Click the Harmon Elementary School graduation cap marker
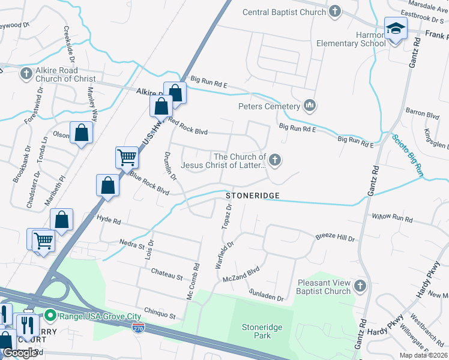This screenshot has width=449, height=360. click(396, 29)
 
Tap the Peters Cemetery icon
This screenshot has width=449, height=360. click(310, 106)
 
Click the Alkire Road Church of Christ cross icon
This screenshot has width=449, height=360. click(26, 73)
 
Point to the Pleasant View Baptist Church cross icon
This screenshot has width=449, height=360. click(360, 285)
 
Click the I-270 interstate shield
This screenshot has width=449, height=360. click(138, 329)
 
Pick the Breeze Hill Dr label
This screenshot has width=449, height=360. click(335, 238)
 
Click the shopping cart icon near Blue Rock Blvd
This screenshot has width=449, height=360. click(127, 157)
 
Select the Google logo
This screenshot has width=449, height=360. click(20, 353)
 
